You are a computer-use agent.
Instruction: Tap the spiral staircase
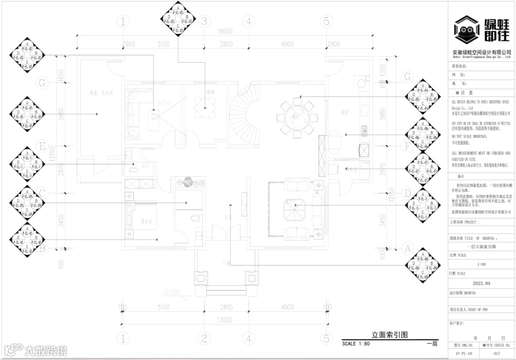(244, 112)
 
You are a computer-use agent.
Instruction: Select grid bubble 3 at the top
(204, 22)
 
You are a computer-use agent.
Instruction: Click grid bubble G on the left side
(42, 83)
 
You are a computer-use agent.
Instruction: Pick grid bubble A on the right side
(408, 249)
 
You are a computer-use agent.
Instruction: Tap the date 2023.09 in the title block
(481, 283)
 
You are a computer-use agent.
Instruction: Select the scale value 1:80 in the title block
(481, 264)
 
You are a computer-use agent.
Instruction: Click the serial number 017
(497, 354)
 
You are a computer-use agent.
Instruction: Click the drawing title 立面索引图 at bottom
(389, 335)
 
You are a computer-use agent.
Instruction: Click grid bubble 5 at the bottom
(326, 339)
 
